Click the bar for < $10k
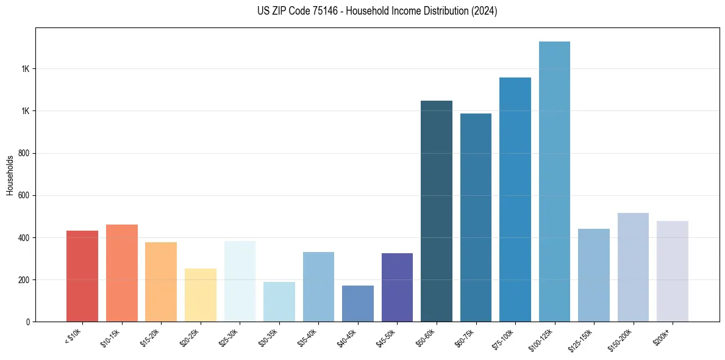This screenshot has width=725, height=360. (x=82, y=276)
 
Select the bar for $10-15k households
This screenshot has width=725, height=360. (x=122, y=273)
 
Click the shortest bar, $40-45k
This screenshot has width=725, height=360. (x=358, y=303)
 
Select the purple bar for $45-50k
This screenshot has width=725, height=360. (x=397, y=287)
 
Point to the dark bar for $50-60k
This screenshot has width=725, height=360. (x=437, y=211)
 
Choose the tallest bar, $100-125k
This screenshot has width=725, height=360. (x=554, y=181)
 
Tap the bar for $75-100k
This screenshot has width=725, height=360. (x=515, y=200)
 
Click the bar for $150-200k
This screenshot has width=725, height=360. (x=633, y=267)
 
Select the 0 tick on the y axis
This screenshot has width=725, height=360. (x=28, y=322)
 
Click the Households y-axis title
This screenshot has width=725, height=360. (x=10, y=175)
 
